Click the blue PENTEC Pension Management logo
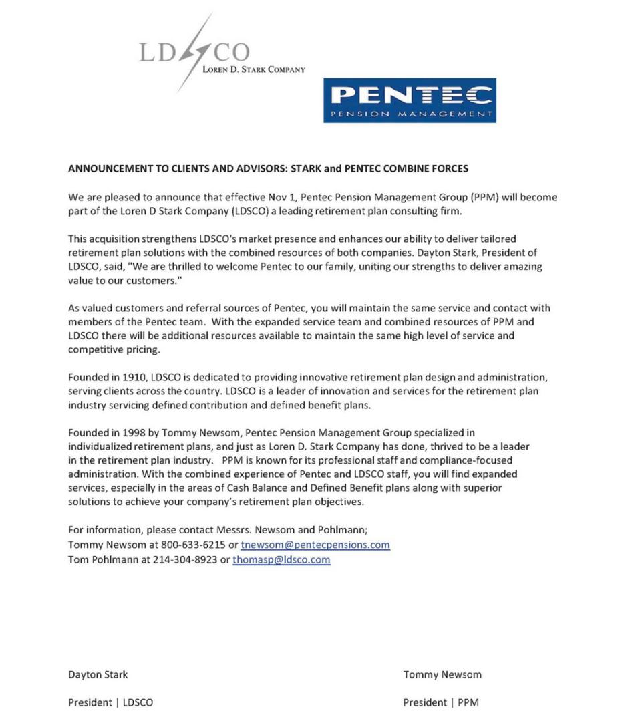[x=410, y=100]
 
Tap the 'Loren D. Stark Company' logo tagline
[x=253, y=69]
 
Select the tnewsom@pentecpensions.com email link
[x=315, y=545]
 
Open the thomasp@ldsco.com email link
[x=281, y=559]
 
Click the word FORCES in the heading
[x=449, y=169]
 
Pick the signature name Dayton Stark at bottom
[x=98, y=674]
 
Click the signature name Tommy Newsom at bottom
[x=442, y=674]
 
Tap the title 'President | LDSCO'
[x=110, y=702]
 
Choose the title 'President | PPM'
[x=440, y=702]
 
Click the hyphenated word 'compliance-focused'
[x=452, y=460]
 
